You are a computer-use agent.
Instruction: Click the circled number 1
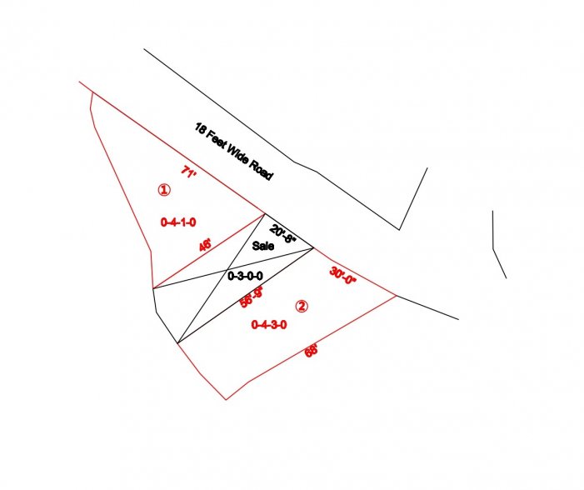point(164,190)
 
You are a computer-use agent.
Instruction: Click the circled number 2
point(302,306)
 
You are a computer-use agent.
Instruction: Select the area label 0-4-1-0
point(178,222)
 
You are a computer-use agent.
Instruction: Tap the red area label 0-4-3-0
point(269,326)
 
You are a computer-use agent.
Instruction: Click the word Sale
point(263,247)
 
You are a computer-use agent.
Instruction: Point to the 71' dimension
point(188,172)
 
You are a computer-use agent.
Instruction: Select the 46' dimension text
point(205,246)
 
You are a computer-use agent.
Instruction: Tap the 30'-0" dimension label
point(342,276)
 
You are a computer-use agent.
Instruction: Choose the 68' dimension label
point(312,351)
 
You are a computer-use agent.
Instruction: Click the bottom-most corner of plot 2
point(226,400)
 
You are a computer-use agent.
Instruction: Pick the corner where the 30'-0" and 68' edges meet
point(397,296)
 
